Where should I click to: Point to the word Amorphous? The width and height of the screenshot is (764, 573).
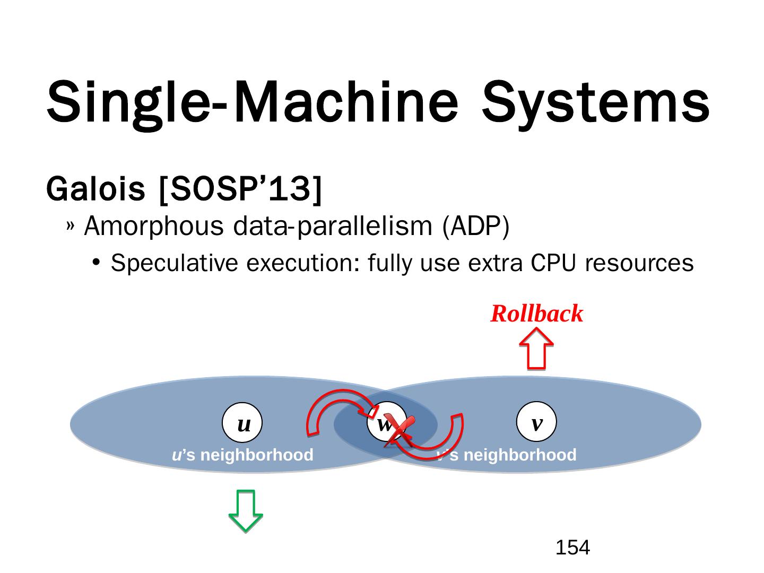[154, 227]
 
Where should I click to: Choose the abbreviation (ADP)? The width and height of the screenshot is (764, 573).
[475, 227]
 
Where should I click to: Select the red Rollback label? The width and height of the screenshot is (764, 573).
[536, 314]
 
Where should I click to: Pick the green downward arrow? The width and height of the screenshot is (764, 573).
[245, 510]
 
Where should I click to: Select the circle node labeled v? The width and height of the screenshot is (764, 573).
[536, 422]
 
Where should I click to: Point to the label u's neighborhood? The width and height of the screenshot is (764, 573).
[243, 455]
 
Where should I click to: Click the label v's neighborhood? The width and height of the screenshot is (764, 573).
[506, 455]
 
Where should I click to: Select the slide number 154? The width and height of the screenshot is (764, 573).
[572, 548]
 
